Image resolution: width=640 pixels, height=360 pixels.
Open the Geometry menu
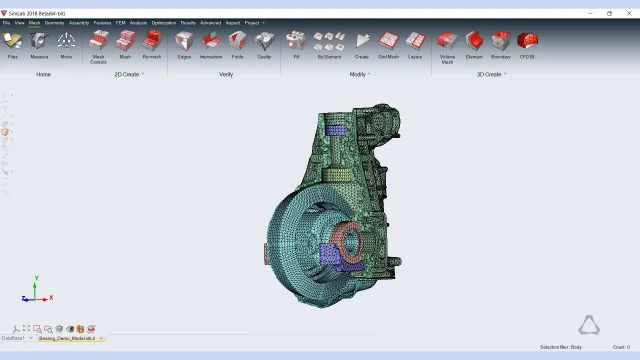tap(54, 22)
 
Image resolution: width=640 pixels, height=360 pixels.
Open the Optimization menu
tap(164, 22)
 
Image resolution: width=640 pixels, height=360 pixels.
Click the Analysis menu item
tap(138, 22)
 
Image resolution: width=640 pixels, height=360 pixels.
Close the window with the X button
tap(629, 13)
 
